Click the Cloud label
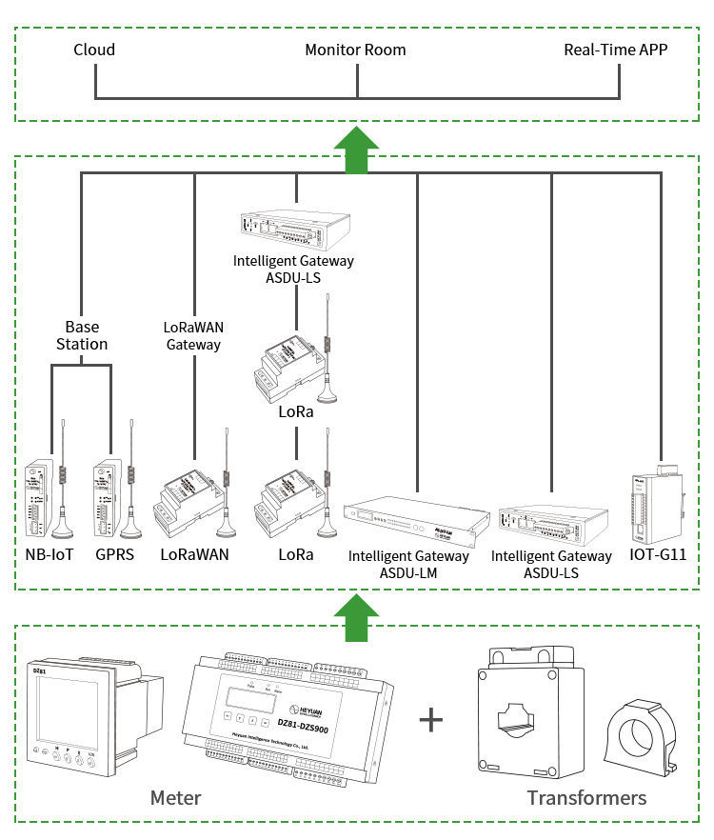(94, 50)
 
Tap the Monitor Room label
(355, 50)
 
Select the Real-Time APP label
(615, 50)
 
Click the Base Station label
(81, 335)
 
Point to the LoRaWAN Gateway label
(194, 335)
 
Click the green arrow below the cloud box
(356, 150)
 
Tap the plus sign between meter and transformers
(432, 719)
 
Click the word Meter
(175, 797)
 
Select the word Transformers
(586, 797)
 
